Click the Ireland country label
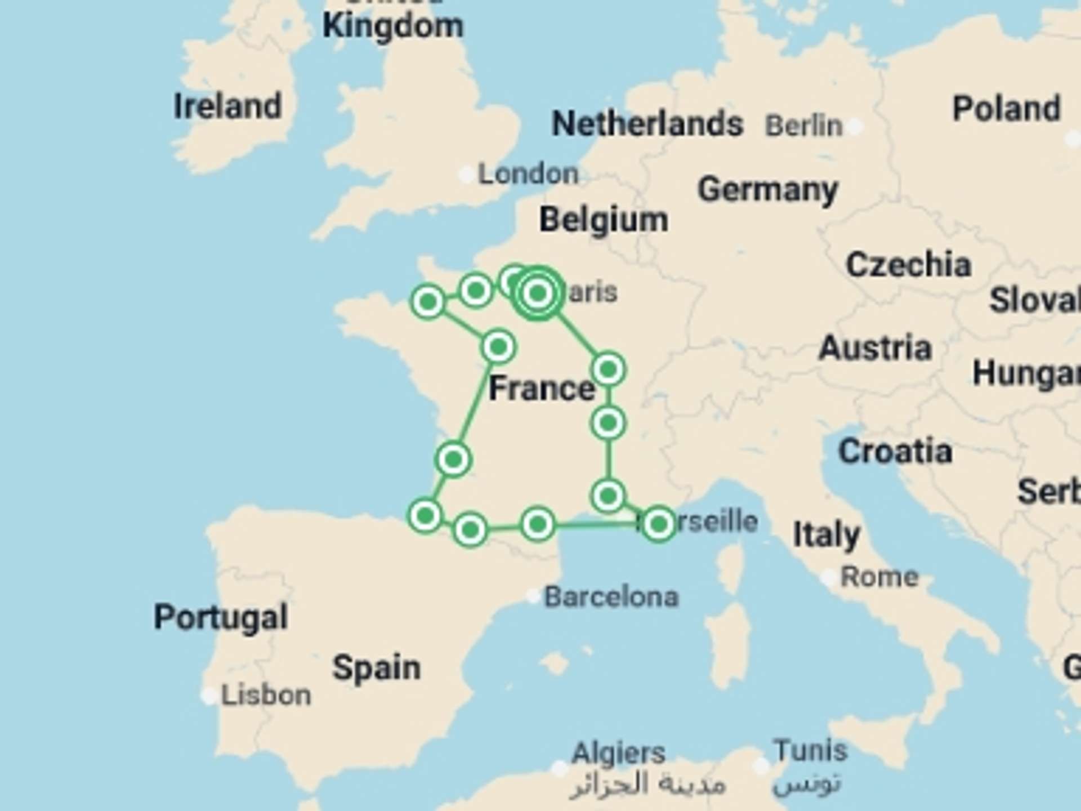227,106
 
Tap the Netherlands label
647,124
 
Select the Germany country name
768,190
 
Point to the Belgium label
604,220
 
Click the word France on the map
542,389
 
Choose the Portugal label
221,618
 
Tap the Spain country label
376,668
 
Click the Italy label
826,535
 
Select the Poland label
1006,108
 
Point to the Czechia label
908,265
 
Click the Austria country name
875,348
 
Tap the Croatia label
895,452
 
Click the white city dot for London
466,175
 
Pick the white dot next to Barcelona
533,596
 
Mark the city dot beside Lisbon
209,696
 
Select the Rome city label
879,577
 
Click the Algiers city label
618,753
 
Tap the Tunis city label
810,750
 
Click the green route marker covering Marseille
658,524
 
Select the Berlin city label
803,126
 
